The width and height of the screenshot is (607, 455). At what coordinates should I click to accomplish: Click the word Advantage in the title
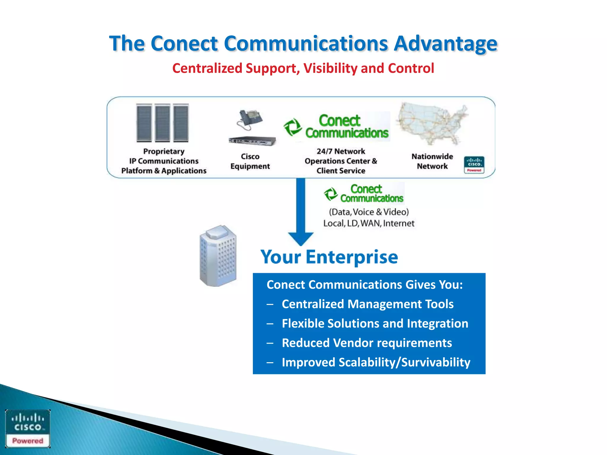[445, 44]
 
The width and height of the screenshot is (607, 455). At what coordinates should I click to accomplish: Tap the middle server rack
[162, 123]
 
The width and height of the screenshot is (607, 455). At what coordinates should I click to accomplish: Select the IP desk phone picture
[250, 120]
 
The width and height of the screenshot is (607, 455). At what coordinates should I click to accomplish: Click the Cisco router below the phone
[252, 141]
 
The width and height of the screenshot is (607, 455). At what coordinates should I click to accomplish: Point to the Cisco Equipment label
[250, 161]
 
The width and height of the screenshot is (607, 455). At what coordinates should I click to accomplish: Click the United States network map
[432, 124]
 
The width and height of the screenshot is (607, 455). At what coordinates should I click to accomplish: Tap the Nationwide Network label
[432, 161]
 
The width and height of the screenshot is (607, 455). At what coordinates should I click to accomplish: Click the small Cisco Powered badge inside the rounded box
[474, 165]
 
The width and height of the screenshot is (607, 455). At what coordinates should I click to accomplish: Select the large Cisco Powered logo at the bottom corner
[28, 428]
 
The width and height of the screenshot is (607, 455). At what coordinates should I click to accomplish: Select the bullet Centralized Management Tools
[368, 304]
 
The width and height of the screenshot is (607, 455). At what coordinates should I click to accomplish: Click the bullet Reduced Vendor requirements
[367, 343]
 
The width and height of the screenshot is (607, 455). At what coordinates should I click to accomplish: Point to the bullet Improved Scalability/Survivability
[376, 363]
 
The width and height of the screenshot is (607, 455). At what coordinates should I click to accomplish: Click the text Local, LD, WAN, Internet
[369, 223]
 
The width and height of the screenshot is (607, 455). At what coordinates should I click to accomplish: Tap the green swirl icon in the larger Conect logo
[293, 127]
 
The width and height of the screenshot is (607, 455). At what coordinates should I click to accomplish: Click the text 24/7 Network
[341, 151]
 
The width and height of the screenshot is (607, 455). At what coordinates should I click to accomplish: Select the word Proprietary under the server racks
[164, 151]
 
